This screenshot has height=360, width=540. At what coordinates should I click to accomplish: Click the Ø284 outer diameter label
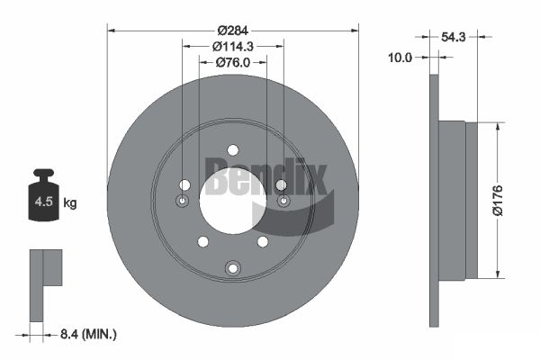(233, 31)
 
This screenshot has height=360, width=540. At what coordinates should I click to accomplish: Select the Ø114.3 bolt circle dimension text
(233, 46)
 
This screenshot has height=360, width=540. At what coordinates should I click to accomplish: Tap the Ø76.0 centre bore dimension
(233, 62)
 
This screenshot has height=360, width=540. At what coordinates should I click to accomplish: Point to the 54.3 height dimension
(454, 37)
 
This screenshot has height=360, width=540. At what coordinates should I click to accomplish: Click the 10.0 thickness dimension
(400, 58)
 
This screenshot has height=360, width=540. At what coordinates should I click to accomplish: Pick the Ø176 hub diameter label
(498, 201)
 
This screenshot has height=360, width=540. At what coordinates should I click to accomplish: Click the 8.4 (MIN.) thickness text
(88, 334)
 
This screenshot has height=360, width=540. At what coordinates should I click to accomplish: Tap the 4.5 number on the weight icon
(43, 202)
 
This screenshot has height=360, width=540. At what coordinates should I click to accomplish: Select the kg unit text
(70, 203)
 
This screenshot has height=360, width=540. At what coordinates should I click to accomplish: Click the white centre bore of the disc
(233, 201)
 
